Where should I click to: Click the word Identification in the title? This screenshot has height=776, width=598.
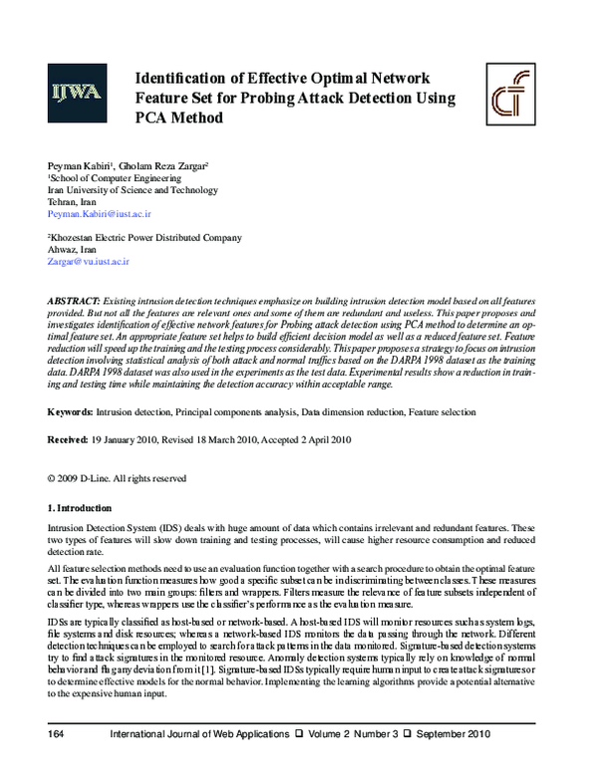click(189, 79)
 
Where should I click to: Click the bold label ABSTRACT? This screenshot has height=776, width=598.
click(73, 300)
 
